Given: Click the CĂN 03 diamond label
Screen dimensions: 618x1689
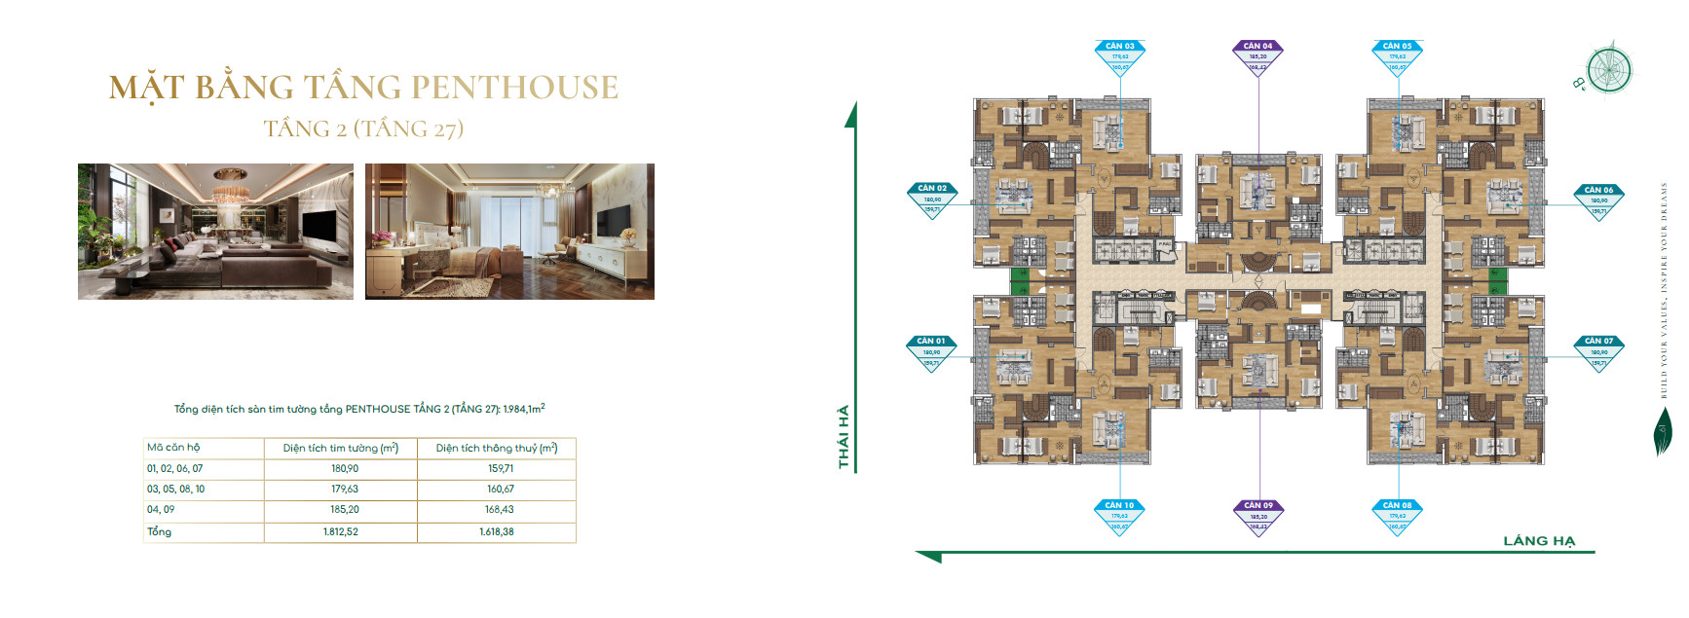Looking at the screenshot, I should pos(1120,55).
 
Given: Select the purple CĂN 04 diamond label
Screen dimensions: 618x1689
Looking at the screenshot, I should pos(1258,55).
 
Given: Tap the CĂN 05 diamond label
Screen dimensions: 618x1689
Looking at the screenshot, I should pos(1398,55).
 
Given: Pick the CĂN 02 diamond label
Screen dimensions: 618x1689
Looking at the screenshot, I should pos(932,199).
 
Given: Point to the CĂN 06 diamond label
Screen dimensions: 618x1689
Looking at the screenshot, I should pos(1598,200).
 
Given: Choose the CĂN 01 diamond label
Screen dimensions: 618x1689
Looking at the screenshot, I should pos(932,351).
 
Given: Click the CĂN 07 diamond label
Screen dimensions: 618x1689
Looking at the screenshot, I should pos(1598,351).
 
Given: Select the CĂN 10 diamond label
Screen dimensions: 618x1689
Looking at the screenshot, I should pos(1120,516).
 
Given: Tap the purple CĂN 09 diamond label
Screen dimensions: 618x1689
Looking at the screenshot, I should pos(1258,516).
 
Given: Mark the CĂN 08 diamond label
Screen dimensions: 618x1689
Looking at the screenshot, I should pos(1398,516).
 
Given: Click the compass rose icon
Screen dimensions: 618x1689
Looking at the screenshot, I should pos(1608,70).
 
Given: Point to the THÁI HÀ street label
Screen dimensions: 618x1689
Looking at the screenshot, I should pos(844,436).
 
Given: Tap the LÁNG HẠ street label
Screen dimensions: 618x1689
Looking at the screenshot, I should pos(1539,541).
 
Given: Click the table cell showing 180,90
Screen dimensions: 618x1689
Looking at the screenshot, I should pos(345,469).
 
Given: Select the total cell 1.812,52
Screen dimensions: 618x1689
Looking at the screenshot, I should pos(341,532).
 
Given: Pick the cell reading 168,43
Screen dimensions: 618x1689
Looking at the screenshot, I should pos(500,510).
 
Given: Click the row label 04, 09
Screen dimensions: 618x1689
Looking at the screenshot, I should pos(161,510).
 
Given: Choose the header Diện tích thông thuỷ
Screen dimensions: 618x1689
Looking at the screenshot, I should pos(497,449).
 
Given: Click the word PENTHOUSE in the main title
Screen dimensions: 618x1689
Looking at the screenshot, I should pos(515,88).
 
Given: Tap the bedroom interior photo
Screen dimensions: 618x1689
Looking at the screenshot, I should pos(509,232).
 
